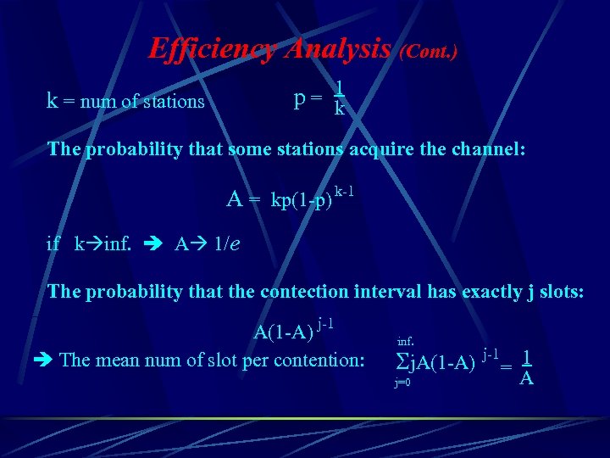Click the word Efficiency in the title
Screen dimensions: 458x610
click(212, 49)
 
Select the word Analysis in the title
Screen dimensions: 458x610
click(337, 49)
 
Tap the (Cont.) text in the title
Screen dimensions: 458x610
click(428, 52)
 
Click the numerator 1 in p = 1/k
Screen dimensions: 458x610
click(339, 87)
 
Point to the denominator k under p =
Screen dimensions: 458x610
click(339, 109)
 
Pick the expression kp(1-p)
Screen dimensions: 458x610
click(301, 201)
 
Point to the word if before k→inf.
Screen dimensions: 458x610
click(53, 244)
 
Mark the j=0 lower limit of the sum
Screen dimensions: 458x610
click(402, 383)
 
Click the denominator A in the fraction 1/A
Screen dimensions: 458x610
click(525, 377)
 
